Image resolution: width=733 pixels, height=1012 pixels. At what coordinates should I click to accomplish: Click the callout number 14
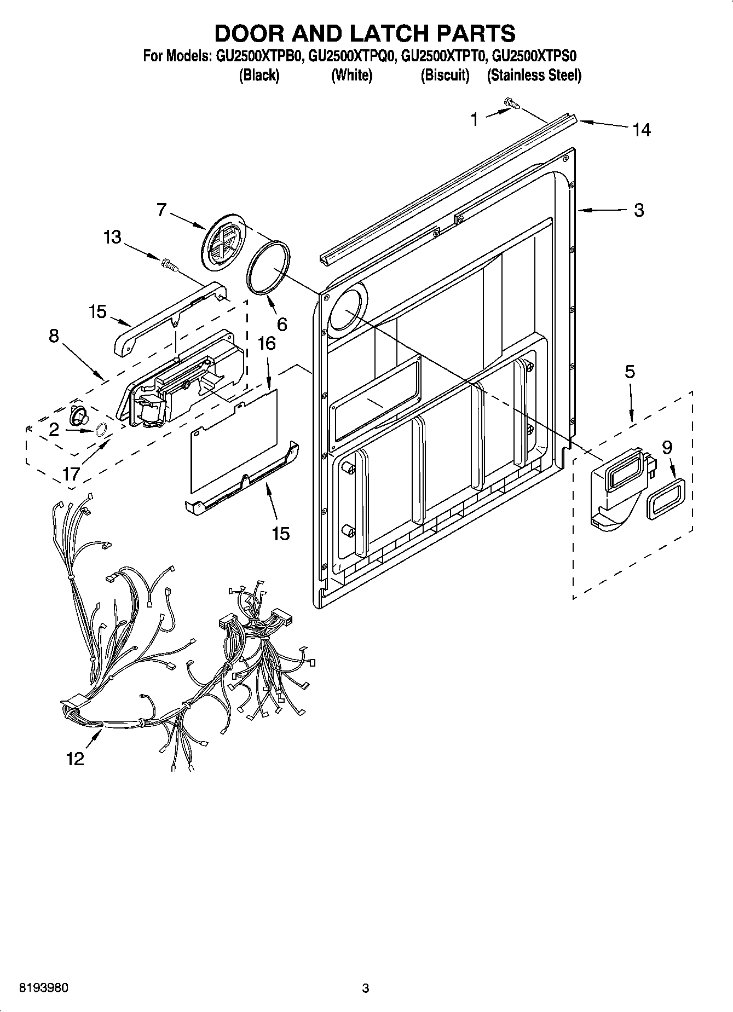[x=642, y=130]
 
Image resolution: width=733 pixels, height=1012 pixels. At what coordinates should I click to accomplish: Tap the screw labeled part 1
[x=511, y=102]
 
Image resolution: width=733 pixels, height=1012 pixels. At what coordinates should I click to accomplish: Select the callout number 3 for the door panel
[x=639, y=210]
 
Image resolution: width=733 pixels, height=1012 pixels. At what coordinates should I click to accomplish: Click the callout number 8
[x=54, y=336]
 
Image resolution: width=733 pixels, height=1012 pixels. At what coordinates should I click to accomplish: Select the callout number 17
[x=72, y=473]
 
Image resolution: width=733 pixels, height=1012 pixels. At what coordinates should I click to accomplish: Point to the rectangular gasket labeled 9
[x=666, y=496]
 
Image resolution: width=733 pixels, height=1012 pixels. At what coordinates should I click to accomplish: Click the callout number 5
[x=630, y=372]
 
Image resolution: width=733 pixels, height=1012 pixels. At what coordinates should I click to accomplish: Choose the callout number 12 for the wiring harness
[x=75, y=759]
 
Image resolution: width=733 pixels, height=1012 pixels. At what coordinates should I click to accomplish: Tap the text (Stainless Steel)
[x=534, y=75]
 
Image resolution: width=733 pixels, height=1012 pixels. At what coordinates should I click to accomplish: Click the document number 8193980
[x=44, y=988]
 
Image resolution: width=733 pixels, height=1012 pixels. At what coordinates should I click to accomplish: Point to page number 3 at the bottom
[x=366, y=988]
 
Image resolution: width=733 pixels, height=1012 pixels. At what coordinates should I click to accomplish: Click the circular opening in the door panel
[x=345, y=310]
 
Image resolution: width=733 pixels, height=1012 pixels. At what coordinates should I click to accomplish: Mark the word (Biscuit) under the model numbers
[x=445, y=75]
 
